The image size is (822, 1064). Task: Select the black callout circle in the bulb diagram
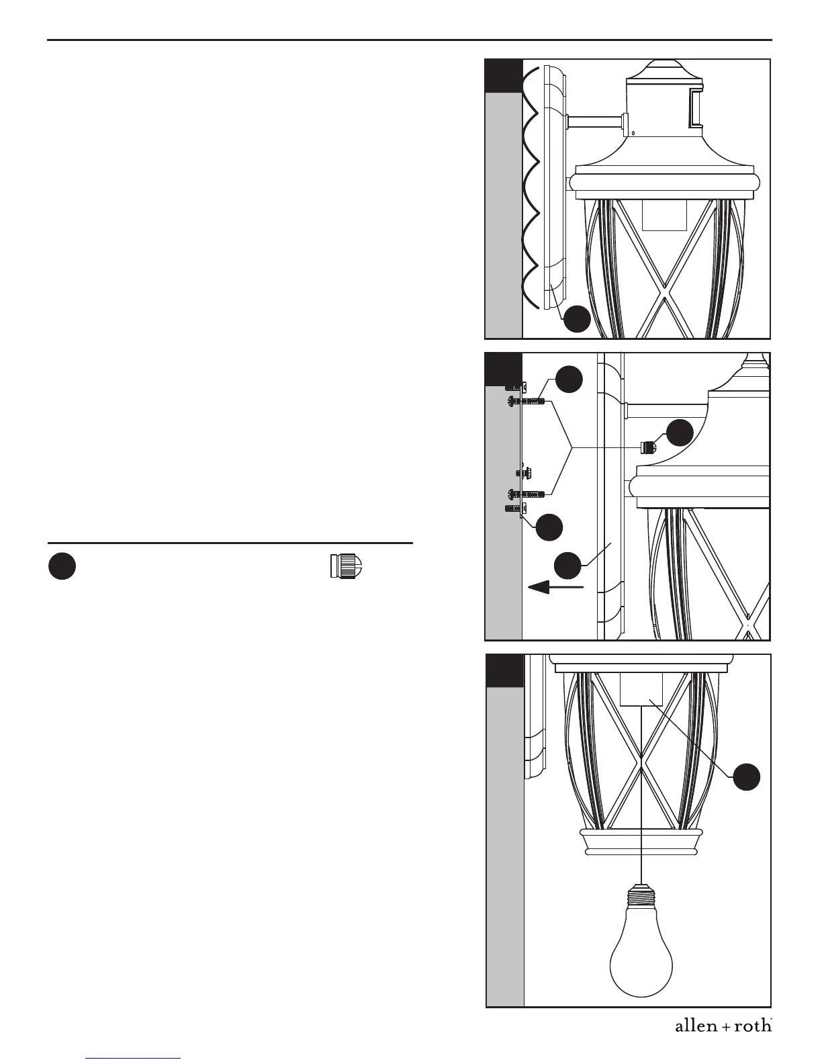(746, 777)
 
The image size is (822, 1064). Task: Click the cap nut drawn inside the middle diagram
(648, 446)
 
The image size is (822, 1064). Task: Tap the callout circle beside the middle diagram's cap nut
(680, 432)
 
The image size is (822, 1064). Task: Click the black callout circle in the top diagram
(577, 320)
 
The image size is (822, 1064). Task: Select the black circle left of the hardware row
(61, 566)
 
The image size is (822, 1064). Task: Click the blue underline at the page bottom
(134, 1059)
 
